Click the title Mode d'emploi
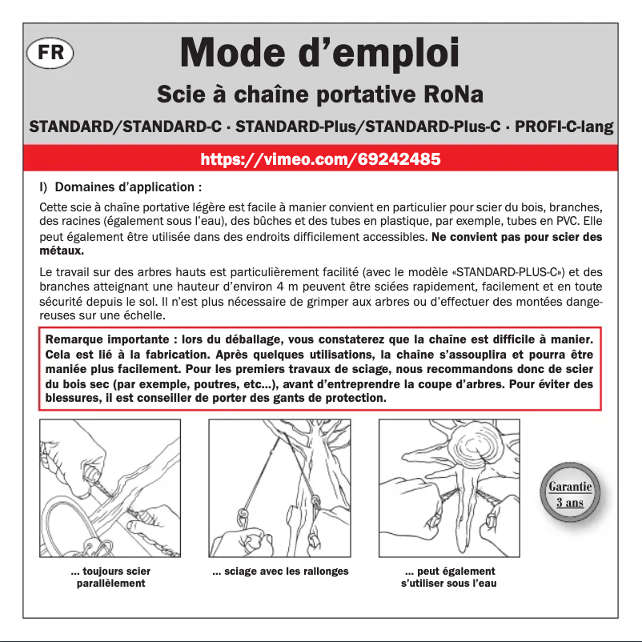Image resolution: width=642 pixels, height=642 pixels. [320, 53]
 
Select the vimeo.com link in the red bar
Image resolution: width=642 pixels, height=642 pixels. [320, 158]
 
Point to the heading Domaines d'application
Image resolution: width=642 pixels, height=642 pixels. [126, 188]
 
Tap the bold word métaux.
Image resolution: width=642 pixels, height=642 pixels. [62, 251]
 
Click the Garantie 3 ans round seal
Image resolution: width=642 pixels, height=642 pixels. [570, 494]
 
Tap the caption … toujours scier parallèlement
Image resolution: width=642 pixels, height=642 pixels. [110, 577]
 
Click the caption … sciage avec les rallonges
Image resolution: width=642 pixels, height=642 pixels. [280, 572]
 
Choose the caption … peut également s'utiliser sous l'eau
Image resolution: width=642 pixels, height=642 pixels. [449, 577]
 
